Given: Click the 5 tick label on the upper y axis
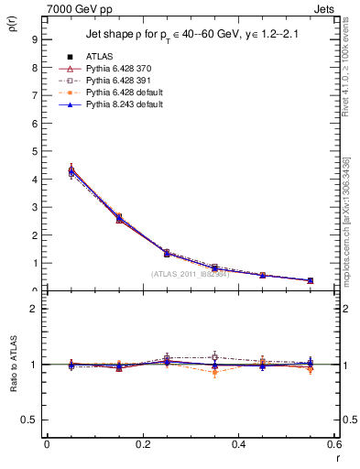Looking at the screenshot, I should (34, 151).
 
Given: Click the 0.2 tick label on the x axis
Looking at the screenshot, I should (142, 444).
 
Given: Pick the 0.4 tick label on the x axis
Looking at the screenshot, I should (238, 444).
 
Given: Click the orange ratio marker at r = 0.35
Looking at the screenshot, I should (214, 373).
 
